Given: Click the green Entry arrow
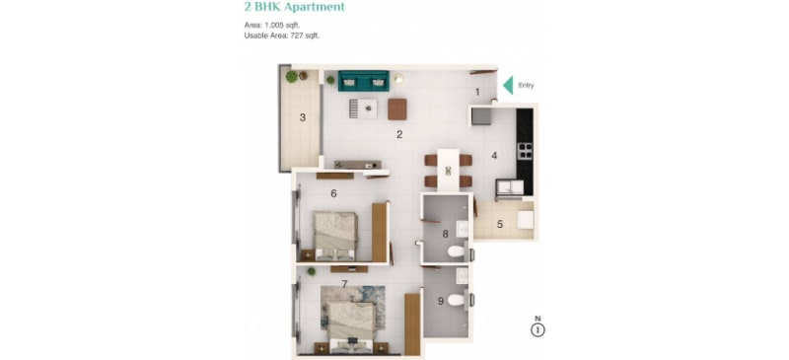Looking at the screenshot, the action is point(508,85).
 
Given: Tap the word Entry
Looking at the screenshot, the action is point(526,86).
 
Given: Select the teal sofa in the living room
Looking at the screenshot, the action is point(363,81).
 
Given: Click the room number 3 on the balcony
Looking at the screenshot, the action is point(303,117).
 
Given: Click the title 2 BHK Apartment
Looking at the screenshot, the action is point(294,7).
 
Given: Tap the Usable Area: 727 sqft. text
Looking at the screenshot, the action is point(282,36).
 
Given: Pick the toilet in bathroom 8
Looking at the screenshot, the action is point(457,251).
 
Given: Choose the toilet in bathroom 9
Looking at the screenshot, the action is point(457,301).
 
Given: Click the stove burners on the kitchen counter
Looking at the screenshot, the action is point(525,150).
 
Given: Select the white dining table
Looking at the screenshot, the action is point(449,170).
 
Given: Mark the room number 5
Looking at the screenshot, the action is point(500,225).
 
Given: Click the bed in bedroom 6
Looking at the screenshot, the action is point(335,236).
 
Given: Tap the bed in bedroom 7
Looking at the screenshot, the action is point(352,324).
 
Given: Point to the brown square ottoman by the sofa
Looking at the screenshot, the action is point(397,108).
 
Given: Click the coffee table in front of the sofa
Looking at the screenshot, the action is point(363,108).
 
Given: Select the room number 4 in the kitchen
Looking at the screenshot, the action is point(494,156).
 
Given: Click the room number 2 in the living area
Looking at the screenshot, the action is point(399,134).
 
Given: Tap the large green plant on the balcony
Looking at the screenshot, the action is point(291,77).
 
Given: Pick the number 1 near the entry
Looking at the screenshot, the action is point(477,92).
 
